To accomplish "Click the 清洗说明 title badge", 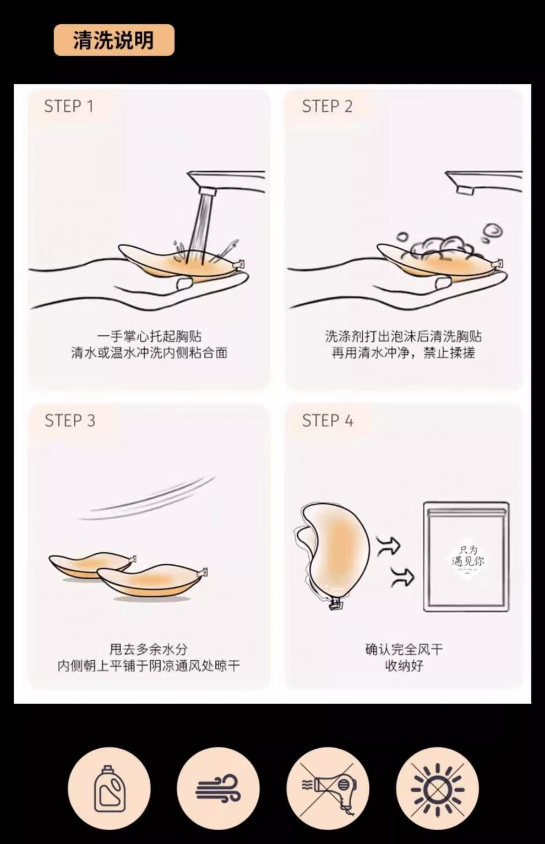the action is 114,40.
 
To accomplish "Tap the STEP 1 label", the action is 69,106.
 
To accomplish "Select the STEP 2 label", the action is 327,106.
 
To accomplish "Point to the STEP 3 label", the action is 70,421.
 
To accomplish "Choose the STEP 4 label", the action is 328,421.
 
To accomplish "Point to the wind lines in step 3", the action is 148,498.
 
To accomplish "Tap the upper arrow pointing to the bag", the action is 388,545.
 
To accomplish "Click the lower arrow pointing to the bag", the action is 402,577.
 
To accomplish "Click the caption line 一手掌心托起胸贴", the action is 149,336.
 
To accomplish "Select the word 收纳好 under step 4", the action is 404,666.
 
